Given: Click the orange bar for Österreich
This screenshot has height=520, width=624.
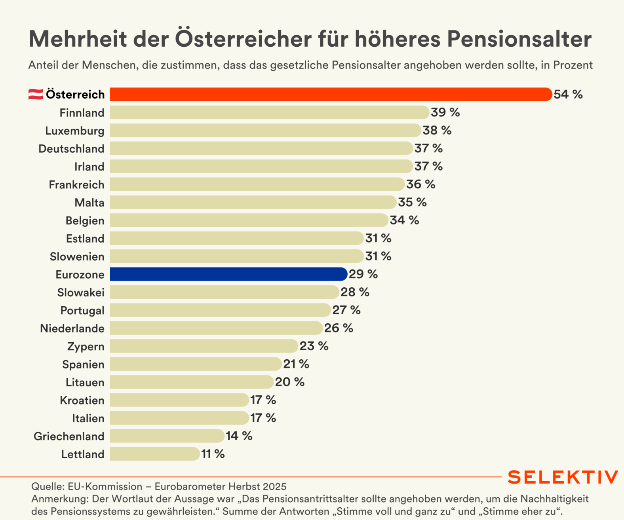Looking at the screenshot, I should tap(331, 94).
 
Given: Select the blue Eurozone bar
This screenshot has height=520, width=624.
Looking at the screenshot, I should tap(228, 274).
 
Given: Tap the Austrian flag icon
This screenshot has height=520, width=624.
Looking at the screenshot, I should tap(36, 94).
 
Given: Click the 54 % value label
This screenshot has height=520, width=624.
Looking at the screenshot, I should tap(568, 94).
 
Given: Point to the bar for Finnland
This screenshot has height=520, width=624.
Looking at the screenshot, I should tap(269, 112).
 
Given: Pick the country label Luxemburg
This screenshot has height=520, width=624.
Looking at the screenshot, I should tap(75, 131).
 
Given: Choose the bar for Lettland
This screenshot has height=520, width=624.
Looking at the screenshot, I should tap(155, 454).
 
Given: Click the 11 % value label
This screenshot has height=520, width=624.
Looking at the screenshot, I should tap(213, 454).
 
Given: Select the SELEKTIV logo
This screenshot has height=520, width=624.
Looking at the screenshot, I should tap(562, 477).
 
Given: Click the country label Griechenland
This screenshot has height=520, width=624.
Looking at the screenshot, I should tap(69, 436).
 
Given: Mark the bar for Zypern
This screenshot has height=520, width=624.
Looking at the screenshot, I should tap(204, 346).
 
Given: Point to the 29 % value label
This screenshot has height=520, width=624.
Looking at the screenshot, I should tap(363, 274).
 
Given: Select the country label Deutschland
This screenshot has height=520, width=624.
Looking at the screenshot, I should tap(71, 149).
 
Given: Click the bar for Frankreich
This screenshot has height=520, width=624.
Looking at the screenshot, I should tap(257, 184).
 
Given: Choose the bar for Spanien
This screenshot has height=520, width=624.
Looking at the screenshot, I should tap(196, 364).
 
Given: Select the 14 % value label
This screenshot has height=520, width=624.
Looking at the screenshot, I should tap(239, 436).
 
